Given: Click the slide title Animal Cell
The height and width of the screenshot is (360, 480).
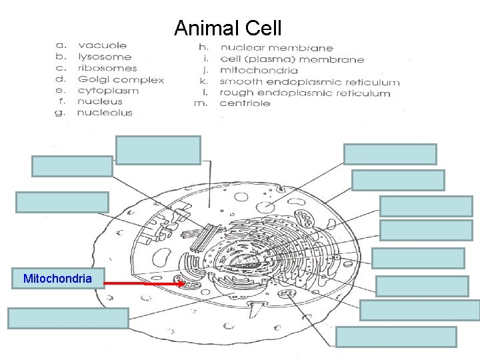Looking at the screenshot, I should (227, 28).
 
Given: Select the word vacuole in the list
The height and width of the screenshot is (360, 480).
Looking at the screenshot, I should (102, 45).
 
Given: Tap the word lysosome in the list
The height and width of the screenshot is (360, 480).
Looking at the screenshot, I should (105, 57).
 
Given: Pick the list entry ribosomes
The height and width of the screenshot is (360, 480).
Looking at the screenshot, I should (107, 68).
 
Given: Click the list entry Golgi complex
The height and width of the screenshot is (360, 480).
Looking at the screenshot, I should (121, 79).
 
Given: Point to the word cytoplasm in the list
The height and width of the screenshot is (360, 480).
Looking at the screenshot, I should (108, 91).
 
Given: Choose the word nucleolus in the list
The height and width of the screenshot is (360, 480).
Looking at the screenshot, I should (105, 113).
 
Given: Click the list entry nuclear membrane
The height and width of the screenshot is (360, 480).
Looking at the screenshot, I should (277, 48).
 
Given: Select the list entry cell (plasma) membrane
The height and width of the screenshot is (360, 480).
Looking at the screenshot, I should (292, 59).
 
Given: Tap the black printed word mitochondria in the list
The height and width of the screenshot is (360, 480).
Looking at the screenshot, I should (259, 70).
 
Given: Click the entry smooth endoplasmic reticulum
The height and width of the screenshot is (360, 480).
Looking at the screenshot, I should (310, 82).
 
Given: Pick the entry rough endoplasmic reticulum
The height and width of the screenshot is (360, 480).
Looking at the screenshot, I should (305, 93).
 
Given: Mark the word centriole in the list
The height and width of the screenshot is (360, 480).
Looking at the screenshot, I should (245, 103).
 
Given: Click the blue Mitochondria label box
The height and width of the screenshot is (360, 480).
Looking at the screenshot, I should (58, 279).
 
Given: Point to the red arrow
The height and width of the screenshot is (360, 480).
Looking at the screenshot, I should (145, 283).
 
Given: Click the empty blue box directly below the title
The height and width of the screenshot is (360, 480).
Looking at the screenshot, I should (158, 149).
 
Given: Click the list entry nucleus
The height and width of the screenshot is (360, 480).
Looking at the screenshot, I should (100, 102).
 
